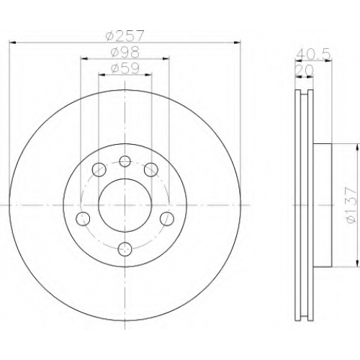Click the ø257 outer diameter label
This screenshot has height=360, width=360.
[125, 36]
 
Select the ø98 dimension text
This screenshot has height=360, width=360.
[125, 53]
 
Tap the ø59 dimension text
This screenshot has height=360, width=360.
[125, 68]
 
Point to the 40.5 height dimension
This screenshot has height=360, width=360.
[312, 55]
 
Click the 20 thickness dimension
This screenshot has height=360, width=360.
[304, 71]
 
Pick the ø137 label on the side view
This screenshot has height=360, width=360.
[351, 205]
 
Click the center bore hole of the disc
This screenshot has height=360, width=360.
[125, 205]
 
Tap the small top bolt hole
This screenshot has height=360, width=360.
[125, 161]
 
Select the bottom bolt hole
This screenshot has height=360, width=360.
[125, 249]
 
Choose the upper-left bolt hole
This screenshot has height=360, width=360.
[99, 169]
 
